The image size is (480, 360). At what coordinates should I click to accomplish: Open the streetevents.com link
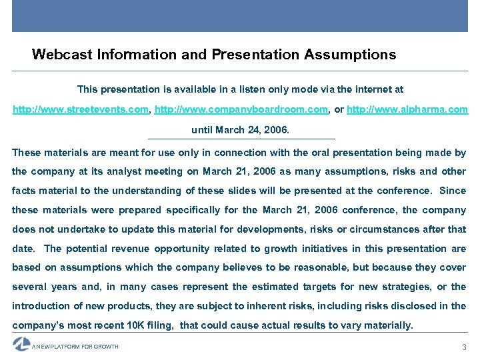tap(81, 109)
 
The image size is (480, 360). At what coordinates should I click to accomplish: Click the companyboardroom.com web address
tap(241, 109)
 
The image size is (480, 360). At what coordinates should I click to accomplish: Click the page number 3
tap(464, 347)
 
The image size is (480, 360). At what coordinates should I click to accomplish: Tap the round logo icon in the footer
tap(21, 344)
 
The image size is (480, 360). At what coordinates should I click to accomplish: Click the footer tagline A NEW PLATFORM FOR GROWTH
tap(75, 347)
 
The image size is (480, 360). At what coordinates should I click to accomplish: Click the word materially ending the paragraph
tap(387, 325)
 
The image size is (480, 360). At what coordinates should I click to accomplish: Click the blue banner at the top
tap(240, 16)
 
